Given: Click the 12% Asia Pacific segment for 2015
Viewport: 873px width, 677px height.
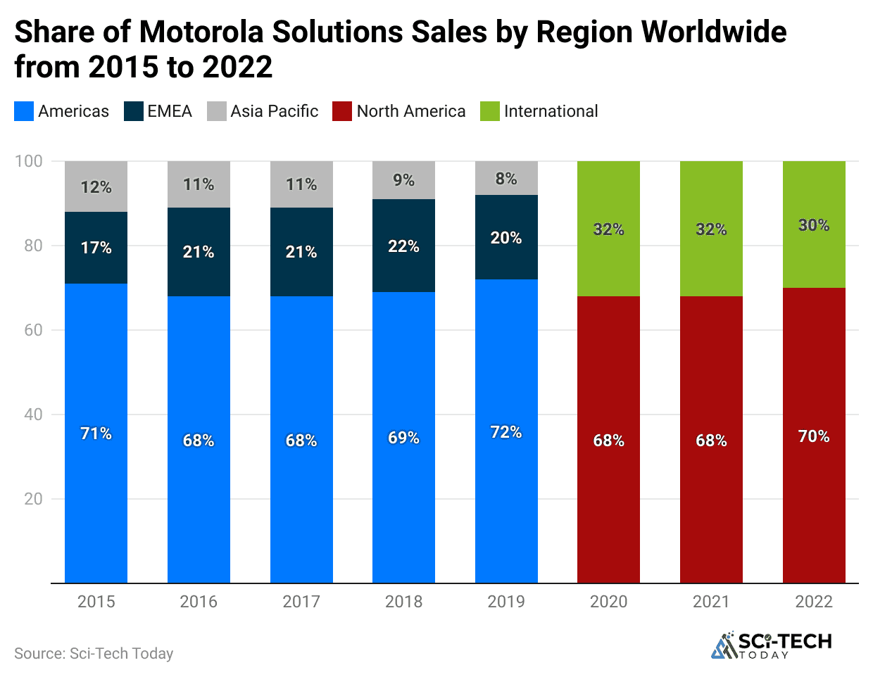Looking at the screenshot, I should pyautogui.click(x=96, y=186).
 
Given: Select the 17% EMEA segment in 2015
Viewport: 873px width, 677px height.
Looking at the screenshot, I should pyautogui.click(x=96, y=248).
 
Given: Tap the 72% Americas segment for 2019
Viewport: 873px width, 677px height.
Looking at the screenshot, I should pyautogui.click(x=506, y=431).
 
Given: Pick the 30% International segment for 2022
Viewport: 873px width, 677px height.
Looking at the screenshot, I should pyautogui.click(x=814, y=224).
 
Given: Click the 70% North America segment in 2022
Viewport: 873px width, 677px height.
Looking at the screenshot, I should pyautogui.click(x=814, y=436).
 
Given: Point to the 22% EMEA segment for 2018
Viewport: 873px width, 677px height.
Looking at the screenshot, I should pyautogui.click(x=403, y=246).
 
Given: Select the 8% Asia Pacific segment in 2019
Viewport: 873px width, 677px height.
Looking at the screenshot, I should pyautogui.click(x=506, y=178).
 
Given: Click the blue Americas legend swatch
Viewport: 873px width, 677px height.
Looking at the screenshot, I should pyautogui.click(x=24, y=111).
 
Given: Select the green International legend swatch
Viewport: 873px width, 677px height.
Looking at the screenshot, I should pyautogui.click(x=490, y=111).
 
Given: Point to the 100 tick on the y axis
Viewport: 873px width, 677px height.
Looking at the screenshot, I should pyautogui.click(x=29, y=161).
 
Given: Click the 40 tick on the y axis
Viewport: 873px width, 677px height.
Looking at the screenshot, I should pyautogui.click(x=33, y=415).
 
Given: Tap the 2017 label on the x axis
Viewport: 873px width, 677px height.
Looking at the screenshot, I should pyautogui.click(x=301, y=602).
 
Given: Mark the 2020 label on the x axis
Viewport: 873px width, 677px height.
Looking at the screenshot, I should pyautogui.click(x=608, y=602).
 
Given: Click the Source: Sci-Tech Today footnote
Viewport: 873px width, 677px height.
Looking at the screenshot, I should pyautogui.click(x=94, y=654).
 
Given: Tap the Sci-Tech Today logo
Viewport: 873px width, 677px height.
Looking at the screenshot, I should pyautogui.click(x=772, y=645).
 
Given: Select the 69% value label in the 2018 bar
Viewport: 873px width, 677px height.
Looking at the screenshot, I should pyautogui.click(x=403, y=438).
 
